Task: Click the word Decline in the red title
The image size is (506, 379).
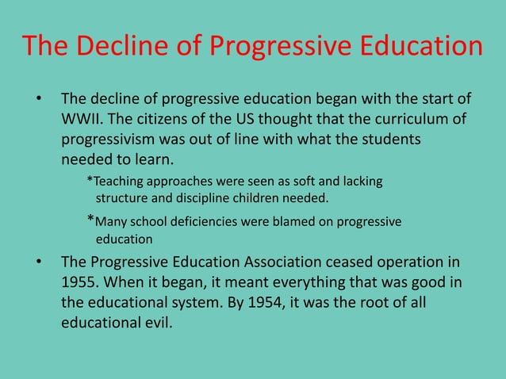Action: (121, 45)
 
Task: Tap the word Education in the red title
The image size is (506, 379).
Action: (412, 45)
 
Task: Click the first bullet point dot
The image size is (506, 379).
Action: (37, 101)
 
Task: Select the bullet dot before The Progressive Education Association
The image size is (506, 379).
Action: (37, 262)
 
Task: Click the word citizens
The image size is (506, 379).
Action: (177, 120)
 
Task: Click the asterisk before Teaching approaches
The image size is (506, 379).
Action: (90, 182)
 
